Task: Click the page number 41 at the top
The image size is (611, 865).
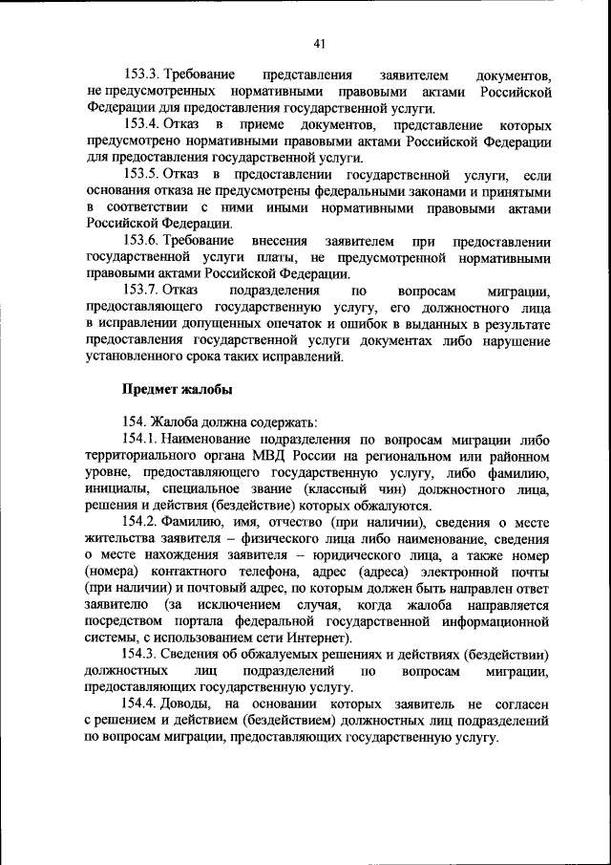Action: click(319, 41)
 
